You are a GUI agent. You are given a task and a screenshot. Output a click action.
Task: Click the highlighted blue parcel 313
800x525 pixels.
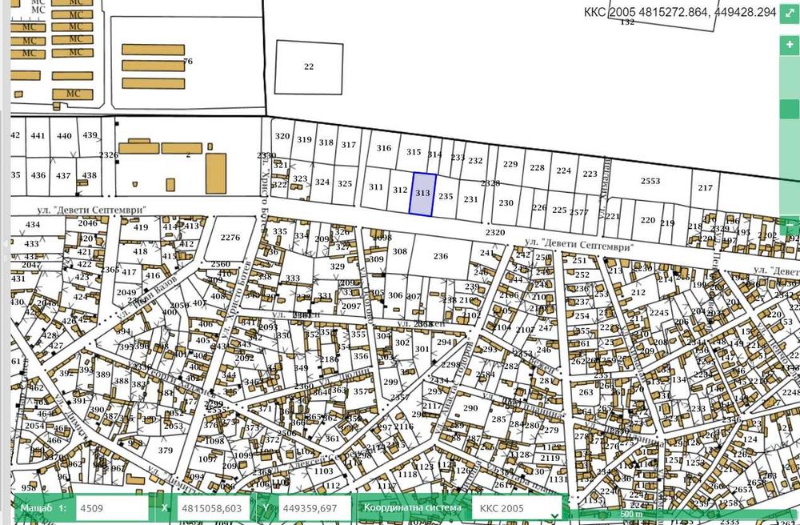tap(422, 194)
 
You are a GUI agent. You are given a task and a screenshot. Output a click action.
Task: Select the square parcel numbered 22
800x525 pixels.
tap(309, 67)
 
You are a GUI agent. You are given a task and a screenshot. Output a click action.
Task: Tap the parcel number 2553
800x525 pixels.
tap(650, 182)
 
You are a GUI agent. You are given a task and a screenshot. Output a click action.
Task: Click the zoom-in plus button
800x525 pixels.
tap(790, 46)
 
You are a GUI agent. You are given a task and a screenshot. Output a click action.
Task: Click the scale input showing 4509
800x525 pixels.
tap(112, 508)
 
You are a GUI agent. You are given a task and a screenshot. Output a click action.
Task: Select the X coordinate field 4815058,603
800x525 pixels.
tap(211, 508)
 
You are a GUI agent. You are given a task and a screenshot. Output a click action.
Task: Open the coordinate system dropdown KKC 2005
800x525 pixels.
tap(515, 508)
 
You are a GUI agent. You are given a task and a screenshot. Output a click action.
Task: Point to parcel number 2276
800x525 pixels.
tap(230, 238)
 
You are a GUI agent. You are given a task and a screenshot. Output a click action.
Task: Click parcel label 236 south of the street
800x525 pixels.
tap(440, 256)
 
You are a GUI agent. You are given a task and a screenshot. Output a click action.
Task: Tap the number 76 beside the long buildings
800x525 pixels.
tap(188, 62)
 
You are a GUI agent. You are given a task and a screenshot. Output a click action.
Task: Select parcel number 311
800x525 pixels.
tap(376, 186)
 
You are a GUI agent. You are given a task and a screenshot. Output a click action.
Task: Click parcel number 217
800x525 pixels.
tap(705, 188)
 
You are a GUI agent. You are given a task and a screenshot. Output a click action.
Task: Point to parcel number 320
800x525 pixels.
tap(282, 136)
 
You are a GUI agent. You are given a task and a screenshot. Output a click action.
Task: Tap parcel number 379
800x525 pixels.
tap(165, 451)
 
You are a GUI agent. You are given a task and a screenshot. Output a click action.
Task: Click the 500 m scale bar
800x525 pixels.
tap(630, 514)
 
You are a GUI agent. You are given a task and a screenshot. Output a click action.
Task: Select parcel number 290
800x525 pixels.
tap(470, 408)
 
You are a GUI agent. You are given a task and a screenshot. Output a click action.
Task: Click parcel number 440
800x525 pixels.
tap(64, 136)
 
